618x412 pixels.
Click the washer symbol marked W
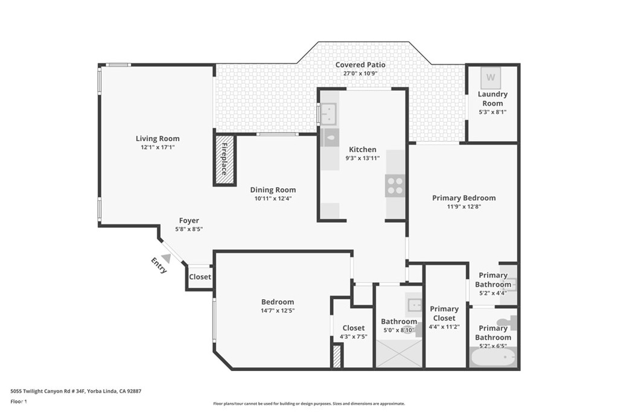click(491, 77)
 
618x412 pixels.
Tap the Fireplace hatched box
click(225, 160)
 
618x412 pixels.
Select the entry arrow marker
click(166, 258)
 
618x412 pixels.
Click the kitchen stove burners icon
click(395, 185)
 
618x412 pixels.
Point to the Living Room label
click(158, 139)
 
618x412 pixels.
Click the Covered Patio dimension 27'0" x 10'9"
click(360, 74)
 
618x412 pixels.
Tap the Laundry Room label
click(492, 98)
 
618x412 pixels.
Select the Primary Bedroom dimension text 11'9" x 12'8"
click(463, 206)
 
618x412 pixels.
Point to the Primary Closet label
click(444, 314)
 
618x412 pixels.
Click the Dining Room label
click(273, 189)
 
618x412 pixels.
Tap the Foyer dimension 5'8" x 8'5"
click(189, 229)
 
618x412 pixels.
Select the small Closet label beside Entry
click(200, 277)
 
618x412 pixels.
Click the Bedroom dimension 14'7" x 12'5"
click(278, 311)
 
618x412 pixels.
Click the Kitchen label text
click(362, 150)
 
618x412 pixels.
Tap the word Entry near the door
click(159, 265)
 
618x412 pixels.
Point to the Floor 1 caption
click(19, 401)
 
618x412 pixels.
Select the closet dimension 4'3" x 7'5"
click(354, 337)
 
